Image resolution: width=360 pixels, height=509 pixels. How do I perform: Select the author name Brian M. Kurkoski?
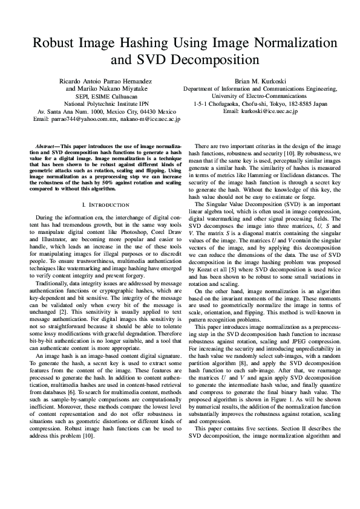(262, 80)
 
